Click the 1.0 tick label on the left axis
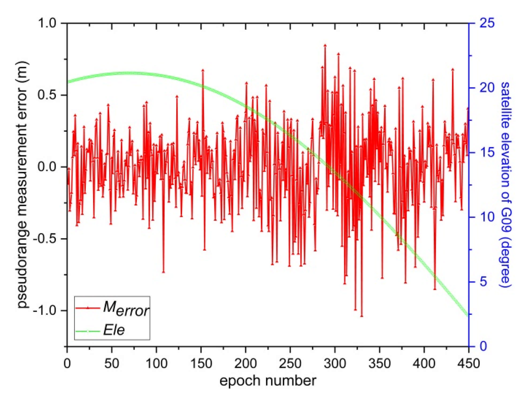[x=47, y=23]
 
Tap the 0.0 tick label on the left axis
[x=47, y=167]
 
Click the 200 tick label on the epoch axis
[x=246, y=363]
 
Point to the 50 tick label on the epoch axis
[x=112, y=363]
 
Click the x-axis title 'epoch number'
[x=268, y=381]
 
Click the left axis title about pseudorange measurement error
[x=22, y=184]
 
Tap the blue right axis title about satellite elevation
[x=505, y=184]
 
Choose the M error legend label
[x=126, y=308]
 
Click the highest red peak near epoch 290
[x=325, y=46]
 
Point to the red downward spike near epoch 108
[x=163, y=272]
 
